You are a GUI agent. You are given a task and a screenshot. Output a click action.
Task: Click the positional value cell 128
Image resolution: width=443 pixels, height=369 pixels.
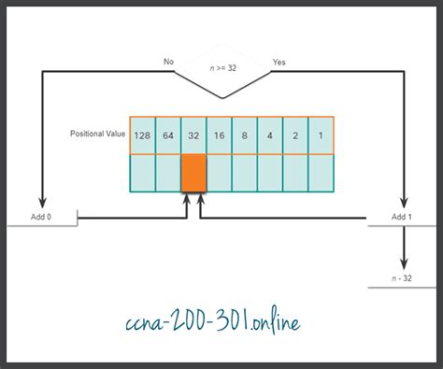click(143, 135)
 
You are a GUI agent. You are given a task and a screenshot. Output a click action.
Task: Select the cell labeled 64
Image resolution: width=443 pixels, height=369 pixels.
click(168, 135)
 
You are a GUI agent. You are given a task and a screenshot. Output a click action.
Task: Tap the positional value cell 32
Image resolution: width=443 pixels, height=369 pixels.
click(193, 135)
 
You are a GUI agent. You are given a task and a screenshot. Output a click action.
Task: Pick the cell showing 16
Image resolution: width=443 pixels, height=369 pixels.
click(219, 135)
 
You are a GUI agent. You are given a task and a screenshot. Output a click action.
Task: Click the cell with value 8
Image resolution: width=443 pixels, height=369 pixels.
click(244, 135)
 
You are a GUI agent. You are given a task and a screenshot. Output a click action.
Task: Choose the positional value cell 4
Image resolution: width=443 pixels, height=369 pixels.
click(269, 135)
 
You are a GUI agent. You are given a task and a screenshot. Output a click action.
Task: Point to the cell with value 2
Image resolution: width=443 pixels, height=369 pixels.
click(294, 135)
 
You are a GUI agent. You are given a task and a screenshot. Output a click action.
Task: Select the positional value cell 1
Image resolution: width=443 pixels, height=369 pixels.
click(320, 135)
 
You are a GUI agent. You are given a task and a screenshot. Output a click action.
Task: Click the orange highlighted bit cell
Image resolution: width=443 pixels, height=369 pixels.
click(193, 173)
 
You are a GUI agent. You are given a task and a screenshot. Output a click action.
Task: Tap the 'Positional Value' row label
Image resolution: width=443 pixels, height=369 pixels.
click(97, 135)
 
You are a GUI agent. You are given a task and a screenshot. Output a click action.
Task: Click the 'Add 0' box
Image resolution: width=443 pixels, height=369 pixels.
click(42, 217)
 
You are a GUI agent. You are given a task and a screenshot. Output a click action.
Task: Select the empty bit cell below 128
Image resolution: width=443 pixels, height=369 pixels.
click(143, 173)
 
